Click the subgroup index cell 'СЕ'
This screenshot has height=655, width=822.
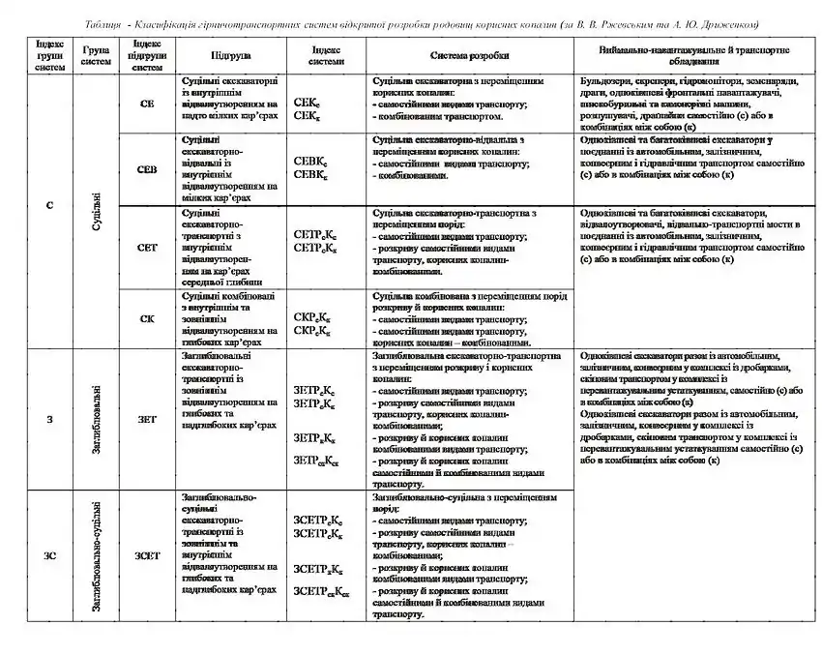pyautogui.click(x=147, y=103)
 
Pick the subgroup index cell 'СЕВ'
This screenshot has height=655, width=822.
pyautogui.click(x=147, y=169)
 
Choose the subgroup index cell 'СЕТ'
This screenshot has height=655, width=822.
pyautogui.click(x=147, y=247)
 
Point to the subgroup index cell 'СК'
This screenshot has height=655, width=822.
pyautogui.click(x=147, y=317)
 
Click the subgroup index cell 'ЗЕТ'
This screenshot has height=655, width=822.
pyautogui.click(x=147, y=418)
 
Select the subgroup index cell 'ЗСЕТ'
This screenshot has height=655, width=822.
pyautogui.click(x=147, y=555)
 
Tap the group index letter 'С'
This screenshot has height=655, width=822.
pyautogui.click(x=49, y=206)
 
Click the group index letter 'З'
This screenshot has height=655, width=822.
pyautogui.click(x=49, y=418)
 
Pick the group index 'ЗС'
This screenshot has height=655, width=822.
pyautogui.click(x=49, y=555)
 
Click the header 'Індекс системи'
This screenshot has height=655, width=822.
pyautogui.click(x=325, y=56)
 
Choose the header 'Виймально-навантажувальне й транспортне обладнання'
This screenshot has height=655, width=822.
pyautogui.click(x=693, y=56)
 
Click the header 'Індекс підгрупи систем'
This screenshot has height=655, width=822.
pyautogui.click(x=147, y=56)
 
